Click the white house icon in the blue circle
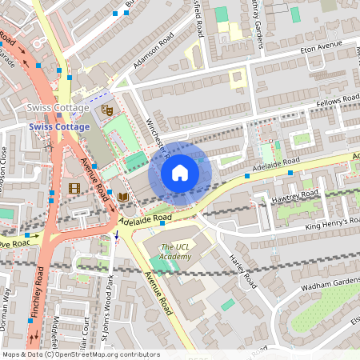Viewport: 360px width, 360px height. click(180, 172)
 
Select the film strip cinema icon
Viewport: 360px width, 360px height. click(74, 188)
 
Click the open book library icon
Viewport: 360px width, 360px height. click(122, 196)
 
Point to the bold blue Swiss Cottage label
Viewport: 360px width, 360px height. click(60, 126)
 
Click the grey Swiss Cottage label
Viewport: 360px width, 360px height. click(58, 108)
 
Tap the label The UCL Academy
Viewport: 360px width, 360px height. click(176, 253)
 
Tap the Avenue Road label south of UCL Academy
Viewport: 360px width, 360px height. click(158, 292)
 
